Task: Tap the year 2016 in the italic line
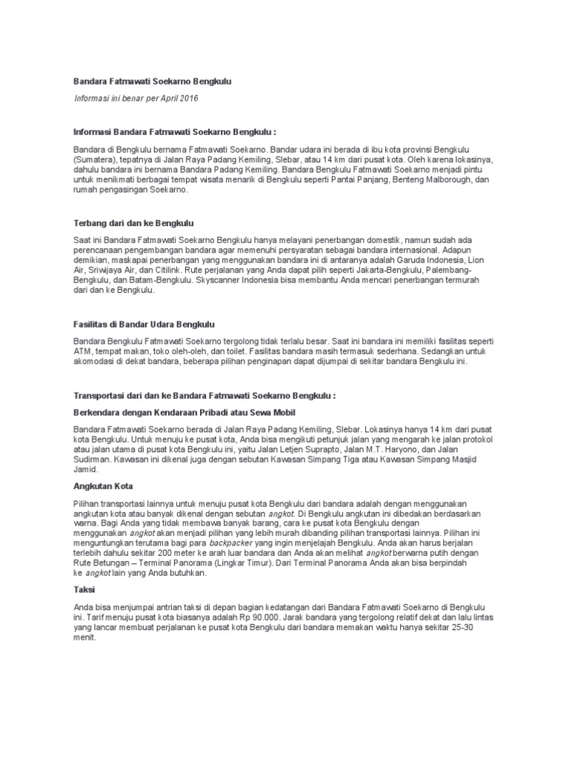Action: tap(188, 99)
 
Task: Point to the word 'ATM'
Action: tap(82, 352)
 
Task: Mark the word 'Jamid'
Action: tap(86, 470)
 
